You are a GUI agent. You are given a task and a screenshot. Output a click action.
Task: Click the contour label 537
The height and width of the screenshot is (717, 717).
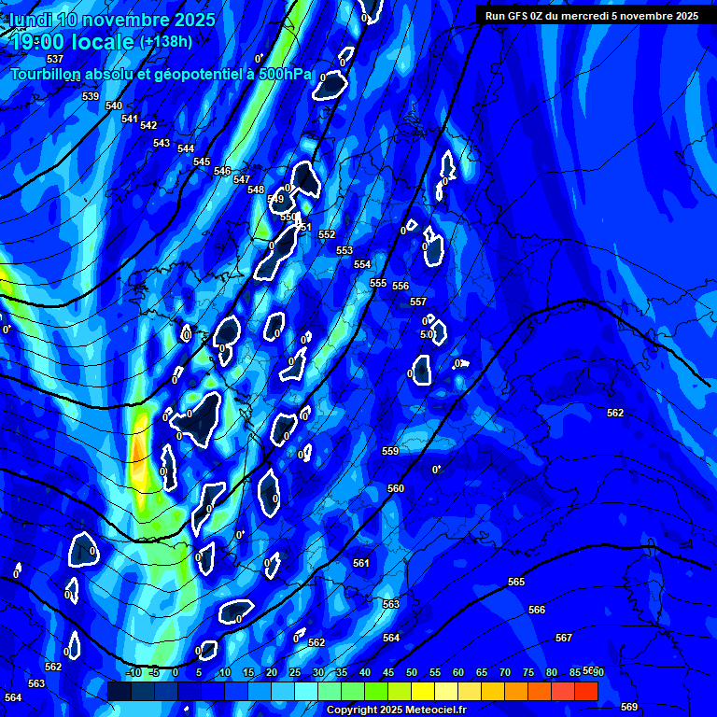pyautogui.click(x=55, y=59)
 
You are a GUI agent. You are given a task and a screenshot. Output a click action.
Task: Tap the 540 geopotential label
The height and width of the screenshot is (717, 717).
pyautogui.click(x=114, y=105)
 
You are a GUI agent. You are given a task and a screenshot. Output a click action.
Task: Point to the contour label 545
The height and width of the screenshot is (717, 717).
pyautogui.click(x=202, y=162)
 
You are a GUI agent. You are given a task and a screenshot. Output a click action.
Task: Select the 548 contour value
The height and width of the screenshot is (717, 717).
pyautogui.click(x=256, y=190)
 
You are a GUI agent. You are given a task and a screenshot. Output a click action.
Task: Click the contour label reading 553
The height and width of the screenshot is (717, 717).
pyautogui.click(x=344, y=250)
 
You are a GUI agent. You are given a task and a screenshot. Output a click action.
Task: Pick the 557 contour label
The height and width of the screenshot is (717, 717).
pyautogui.click(x=417, y=302)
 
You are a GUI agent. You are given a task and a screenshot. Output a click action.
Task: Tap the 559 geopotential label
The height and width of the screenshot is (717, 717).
pyautogui.click(x=390, y=451)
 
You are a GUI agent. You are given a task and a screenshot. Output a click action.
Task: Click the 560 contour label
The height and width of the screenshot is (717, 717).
pyautogui.click(x=396, y=488)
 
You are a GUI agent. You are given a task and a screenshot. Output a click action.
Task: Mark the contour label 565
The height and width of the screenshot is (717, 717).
pyautogui.click(x=516, y=582)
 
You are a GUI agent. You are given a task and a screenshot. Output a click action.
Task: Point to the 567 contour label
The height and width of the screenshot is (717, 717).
pyautogui.click(x=564, y=638)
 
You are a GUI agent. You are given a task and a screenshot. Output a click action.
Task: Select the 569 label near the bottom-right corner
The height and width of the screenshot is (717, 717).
pyautogui.click(x=629, y=707)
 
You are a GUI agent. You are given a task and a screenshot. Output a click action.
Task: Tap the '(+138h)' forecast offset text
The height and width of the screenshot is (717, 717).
pyautogui.click(x=165, y=42)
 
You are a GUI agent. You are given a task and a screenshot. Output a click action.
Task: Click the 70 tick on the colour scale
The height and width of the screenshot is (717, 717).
pyautogui.click(x=505, y=672)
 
